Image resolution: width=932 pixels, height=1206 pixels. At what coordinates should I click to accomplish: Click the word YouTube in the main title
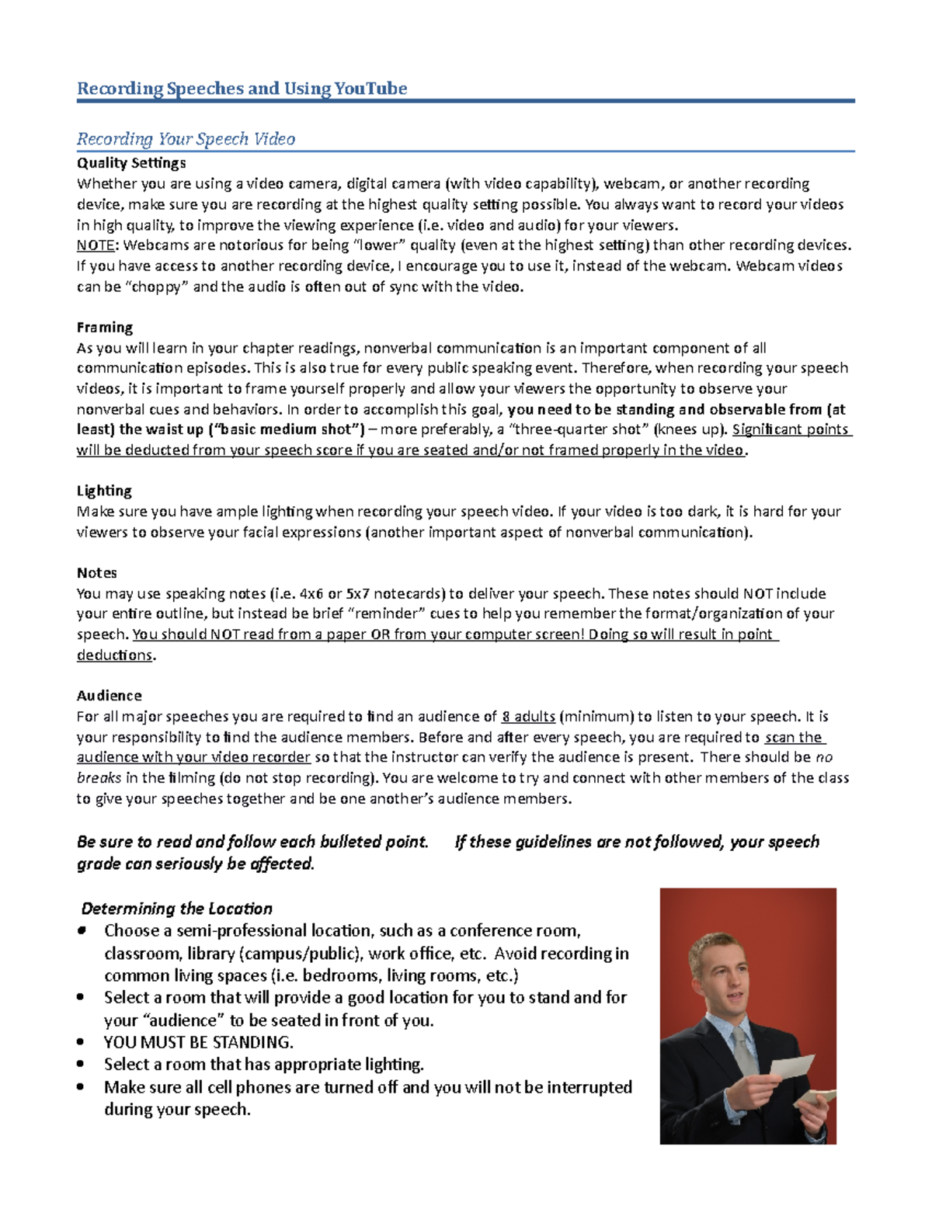point(370,89)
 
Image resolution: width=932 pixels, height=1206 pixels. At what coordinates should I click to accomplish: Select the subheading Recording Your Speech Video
point(186,139)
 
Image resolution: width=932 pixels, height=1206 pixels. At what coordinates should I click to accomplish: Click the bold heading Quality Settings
point(131,163)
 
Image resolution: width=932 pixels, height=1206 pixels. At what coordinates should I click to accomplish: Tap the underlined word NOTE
point(95,245)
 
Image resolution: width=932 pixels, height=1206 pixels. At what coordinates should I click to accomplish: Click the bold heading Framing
point(105,327)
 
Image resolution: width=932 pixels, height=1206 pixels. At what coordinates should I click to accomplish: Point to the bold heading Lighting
point(104,491)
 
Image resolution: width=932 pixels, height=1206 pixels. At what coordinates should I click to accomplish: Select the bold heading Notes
point(97,573)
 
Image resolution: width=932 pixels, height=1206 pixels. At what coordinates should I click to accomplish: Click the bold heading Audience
point(110,696)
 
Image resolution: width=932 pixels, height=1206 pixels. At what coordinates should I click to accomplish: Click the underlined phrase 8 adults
point(528,717)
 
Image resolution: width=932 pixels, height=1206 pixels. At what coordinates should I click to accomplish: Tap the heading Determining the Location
point(177,909)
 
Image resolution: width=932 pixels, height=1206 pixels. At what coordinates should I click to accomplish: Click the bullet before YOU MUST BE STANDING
point(81,1042)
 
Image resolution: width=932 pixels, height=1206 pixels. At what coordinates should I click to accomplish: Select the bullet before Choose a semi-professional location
point(81,930)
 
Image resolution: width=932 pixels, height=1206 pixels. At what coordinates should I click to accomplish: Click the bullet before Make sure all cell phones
point(81,1087)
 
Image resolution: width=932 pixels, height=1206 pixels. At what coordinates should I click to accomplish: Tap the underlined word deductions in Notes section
point(115,655)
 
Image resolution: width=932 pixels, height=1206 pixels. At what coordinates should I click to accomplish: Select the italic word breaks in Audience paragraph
point(99,778)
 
